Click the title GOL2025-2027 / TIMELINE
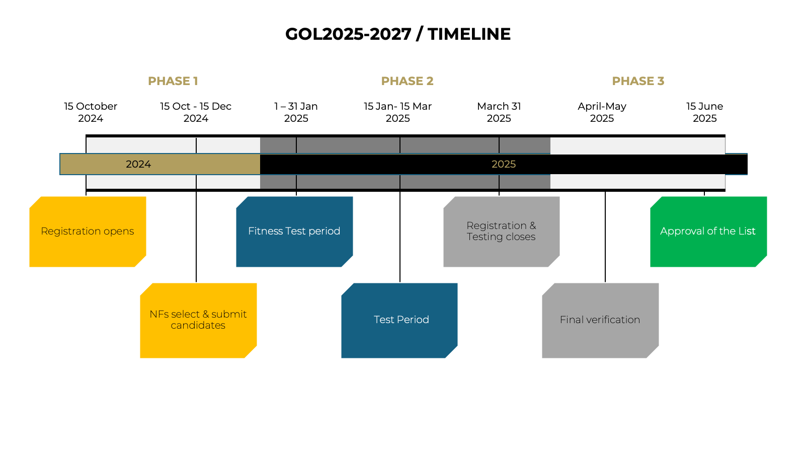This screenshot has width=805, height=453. point(398,34)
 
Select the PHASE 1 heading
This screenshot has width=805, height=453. point(173,81)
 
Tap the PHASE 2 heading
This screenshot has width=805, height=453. point(407,81)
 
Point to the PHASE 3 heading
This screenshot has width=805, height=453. point(638,81)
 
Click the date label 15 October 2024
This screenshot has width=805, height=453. point(91,112)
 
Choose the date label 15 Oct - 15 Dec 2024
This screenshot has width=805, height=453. point(196,112)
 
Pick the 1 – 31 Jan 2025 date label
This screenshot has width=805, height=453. point(296,112)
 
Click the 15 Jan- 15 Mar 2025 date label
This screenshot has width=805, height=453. point(398,112)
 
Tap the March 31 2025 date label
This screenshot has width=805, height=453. point(499,112)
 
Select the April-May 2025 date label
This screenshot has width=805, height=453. point(602,112)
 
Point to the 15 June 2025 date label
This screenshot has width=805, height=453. point(705,112)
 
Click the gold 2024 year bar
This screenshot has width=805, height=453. point(160,164)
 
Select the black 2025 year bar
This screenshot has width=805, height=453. point(504,164)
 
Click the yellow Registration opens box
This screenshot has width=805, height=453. point(88,232)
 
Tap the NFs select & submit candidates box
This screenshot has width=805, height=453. point(198,320)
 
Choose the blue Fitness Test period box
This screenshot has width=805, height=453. point(294,232)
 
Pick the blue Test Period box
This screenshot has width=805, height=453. point(399,320)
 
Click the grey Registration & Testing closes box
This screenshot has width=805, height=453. point(501,232)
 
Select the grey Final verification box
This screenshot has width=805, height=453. point(600,320)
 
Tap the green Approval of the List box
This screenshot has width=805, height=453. point(708,232)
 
